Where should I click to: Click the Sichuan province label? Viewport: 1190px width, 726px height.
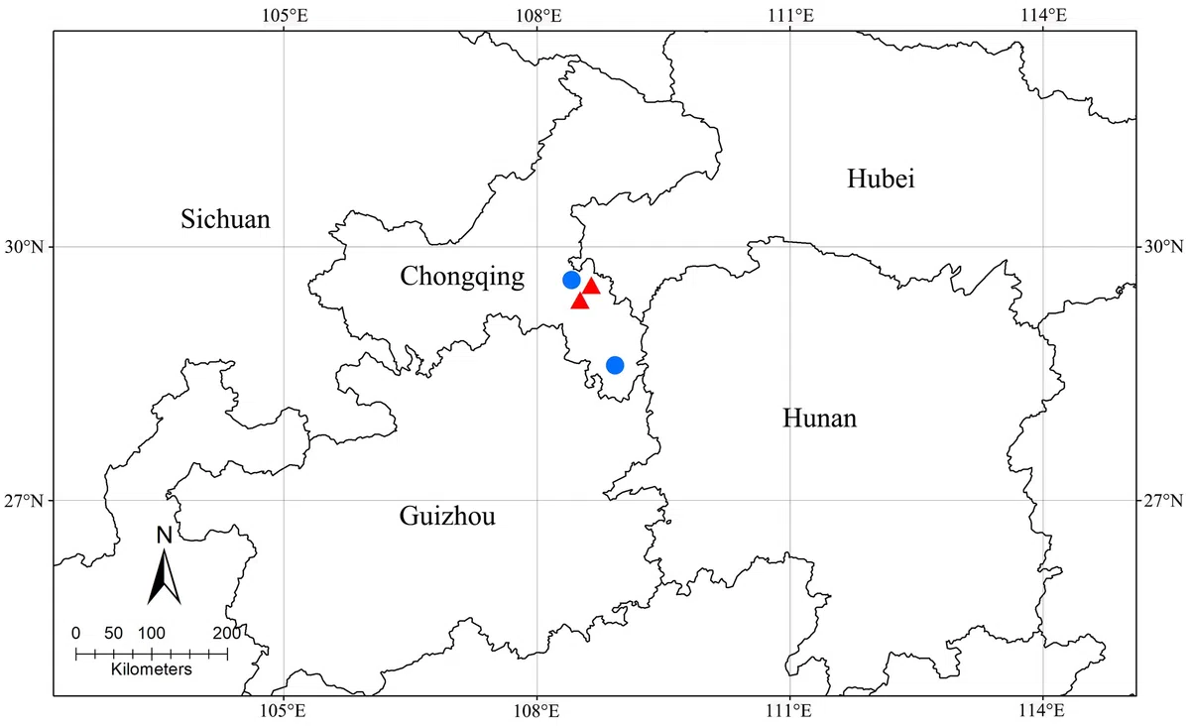225,219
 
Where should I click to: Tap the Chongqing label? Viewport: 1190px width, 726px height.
462,277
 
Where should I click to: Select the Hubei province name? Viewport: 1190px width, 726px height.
881,179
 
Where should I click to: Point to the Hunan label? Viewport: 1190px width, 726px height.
819,419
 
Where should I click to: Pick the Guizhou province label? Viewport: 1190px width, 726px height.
447,516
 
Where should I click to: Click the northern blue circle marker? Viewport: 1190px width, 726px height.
571,280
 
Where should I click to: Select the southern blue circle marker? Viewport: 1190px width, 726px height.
615,365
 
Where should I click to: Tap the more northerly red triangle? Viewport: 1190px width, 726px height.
592,287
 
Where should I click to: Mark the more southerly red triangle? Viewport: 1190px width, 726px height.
581,301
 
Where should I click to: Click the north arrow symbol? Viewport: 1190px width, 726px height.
165,579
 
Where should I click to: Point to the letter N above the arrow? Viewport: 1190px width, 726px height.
166,536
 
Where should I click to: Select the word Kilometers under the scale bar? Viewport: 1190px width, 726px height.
151,669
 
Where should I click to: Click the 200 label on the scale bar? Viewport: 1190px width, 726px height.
226,634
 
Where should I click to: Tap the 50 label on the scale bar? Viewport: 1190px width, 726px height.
113,634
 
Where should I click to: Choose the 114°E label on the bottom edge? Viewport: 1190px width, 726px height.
1043,710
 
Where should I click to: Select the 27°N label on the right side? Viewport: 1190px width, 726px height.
1161,500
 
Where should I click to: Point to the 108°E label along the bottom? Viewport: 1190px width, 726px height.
536,710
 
